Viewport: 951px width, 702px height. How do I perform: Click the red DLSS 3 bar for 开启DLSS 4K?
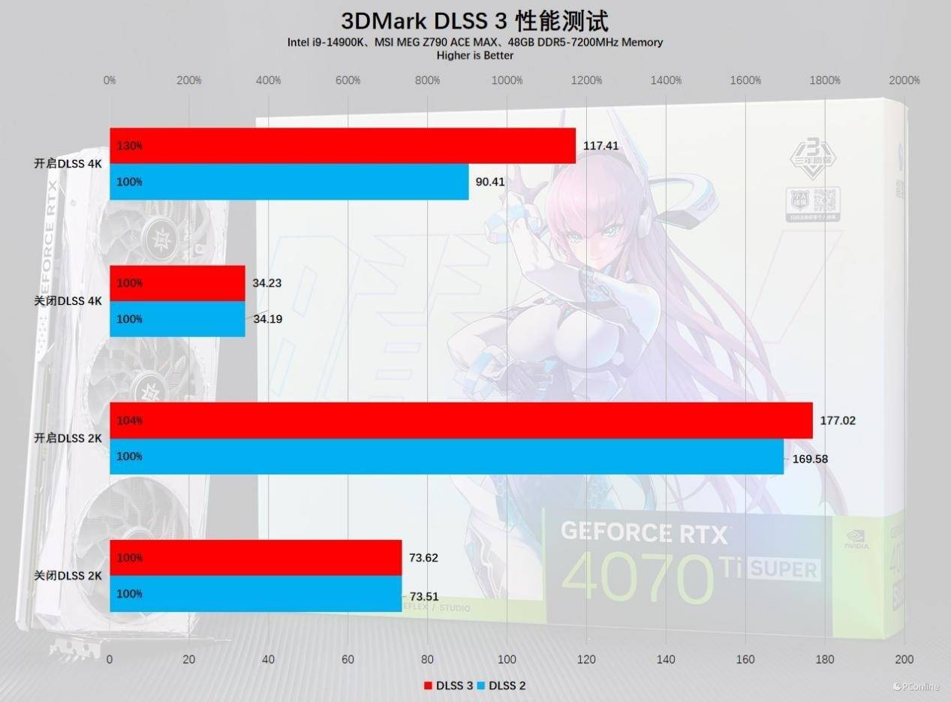tap(342, 146)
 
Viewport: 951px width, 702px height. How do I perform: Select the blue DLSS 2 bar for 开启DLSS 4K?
tap(289, 182)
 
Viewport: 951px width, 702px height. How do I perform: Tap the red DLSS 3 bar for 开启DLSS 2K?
tap(461, 420)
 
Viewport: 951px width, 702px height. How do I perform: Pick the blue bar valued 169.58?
tap(447, 456)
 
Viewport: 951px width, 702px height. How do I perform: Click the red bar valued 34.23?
tap(177, 283)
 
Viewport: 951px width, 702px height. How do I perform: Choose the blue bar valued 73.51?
tap(255, 594)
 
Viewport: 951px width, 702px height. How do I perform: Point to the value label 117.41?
tap(600, 146)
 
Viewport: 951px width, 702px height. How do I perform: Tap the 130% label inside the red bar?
tap(130, 146)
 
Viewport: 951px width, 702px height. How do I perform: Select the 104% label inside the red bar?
tap(130, 420)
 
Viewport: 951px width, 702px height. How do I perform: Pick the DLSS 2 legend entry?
tap(501, 685)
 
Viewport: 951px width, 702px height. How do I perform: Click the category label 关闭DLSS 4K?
tap(68, 301)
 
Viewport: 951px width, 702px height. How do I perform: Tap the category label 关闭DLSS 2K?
tap(68, 576)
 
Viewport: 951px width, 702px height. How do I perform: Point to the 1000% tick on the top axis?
tap(507, 80)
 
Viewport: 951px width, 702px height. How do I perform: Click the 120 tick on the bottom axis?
tap(586, 659)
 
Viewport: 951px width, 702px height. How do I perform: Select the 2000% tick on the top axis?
tap(904, 80)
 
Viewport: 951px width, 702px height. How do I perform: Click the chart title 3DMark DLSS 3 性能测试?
tap(474, 20)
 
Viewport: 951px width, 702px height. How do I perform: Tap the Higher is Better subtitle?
tap(474, 55)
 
